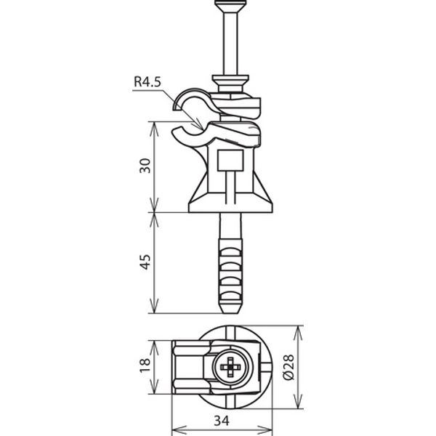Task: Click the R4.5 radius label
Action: (x=148, y=81)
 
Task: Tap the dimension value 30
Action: (x=145, y=166)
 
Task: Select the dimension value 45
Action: (x=145, y=262)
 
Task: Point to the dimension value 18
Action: (x=145, y=366)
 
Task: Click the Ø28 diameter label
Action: (x=288, y=367)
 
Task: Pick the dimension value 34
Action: (x=222, y=421)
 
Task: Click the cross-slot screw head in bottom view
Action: (x=230, y=367)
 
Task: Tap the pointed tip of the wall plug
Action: (x=230, y=312)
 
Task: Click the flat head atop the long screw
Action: (x=230, y=6)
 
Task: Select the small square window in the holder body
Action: (x=230, y=160)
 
